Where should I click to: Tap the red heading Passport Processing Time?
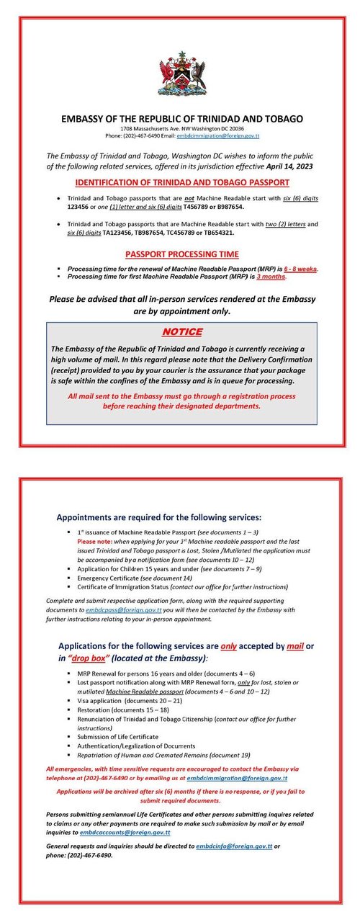tap(182, 254)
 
